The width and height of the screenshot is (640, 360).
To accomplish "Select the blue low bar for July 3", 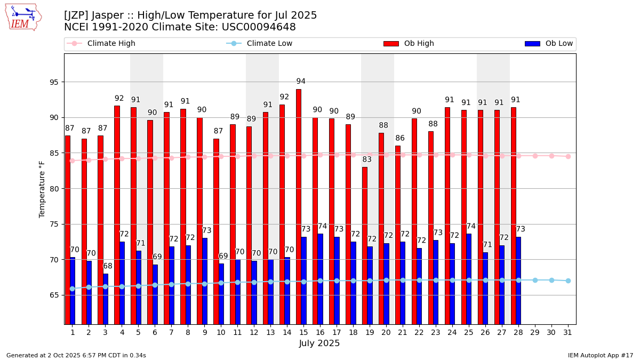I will point(106,299).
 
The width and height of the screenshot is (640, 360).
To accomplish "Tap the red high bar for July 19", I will point(365,245).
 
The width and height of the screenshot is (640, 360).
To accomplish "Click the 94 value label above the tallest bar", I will point(301,82).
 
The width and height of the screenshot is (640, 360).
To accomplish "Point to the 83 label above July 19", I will point(367,159).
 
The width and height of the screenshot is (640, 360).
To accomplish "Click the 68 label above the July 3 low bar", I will point(108,266).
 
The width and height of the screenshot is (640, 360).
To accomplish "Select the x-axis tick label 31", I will point(568,332).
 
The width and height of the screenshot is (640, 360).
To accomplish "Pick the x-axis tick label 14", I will point(287,332).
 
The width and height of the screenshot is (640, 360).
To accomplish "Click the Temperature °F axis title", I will point(43,189).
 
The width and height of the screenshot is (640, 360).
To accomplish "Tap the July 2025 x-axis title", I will point(319,343).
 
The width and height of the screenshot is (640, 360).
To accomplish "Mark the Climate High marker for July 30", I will point(551,156).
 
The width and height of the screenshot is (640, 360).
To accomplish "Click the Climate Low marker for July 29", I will point(535,280).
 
